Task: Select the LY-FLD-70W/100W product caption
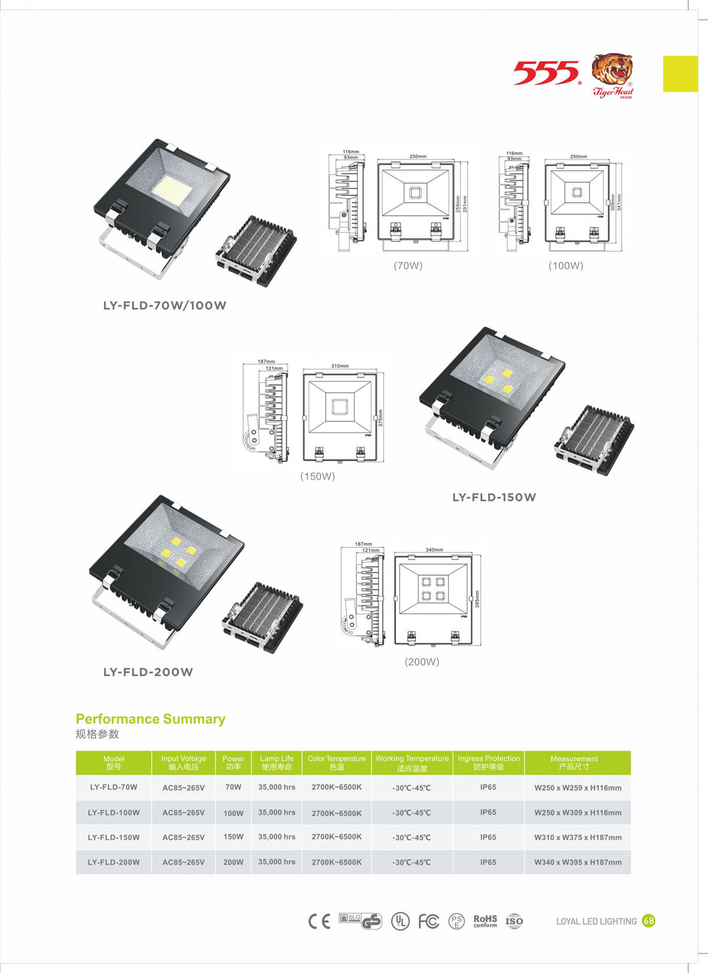click(165, 306)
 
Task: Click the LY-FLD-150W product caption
click(494, 497)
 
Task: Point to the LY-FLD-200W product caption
click(148, 672)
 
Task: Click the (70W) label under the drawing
click(408, 266)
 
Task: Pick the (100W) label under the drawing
click(566, 266)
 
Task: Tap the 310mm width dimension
click(340, 366)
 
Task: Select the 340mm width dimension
click(434, 550)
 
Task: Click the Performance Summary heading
click(150, 719)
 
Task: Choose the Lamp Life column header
click(277, 762)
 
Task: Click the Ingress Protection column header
click(489, 762)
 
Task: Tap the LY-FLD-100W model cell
click(114, 813)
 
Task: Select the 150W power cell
click(233, 837)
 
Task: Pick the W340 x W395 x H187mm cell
click(578, 862)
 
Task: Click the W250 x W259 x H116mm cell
click(578, 788)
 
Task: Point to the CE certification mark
click(319, 921)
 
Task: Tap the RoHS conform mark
click(485, 920)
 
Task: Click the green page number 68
click(648, 920)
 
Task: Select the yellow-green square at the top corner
click(680, 74)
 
